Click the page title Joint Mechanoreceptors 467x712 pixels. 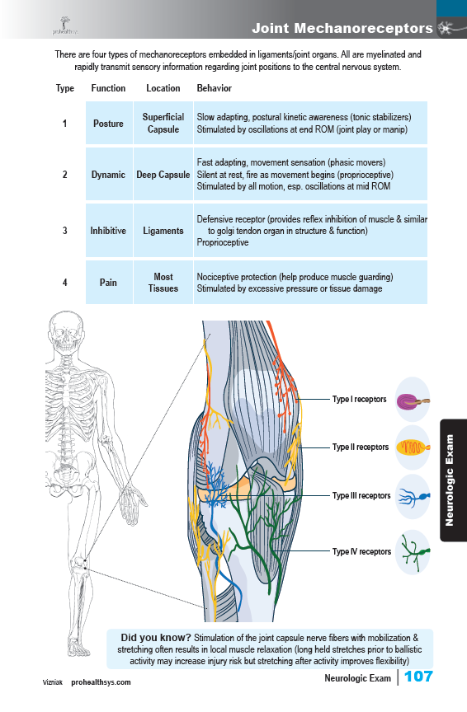point(342,28)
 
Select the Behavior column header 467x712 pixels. point(215,88)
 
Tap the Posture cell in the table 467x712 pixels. point(108,124)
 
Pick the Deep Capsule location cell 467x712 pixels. point(163,175)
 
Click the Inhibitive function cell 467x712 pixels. point(108,231)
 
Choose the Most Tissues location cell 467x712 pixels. point(163,283)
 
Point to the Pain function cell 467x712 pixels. point(108,283)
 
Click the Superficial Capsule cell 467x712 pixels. point(163,123)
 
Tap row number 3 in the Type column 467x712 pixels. point(64,231)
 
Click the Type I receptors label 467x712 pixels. point(359,399)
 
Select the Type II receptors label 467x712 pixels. point(361,447)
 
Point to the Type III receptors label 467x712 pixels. point(361,495)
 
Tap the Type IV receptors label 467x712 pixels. point(361,551)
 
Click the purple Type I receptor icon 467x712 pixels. point(413,401)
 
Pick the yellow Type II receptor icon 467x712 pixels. point(413,447)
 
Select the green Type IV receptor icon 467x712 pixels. point(413,552)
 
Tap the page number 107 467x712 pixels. point(418,677)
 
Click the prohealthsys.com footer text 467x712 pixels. point(101,682)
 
